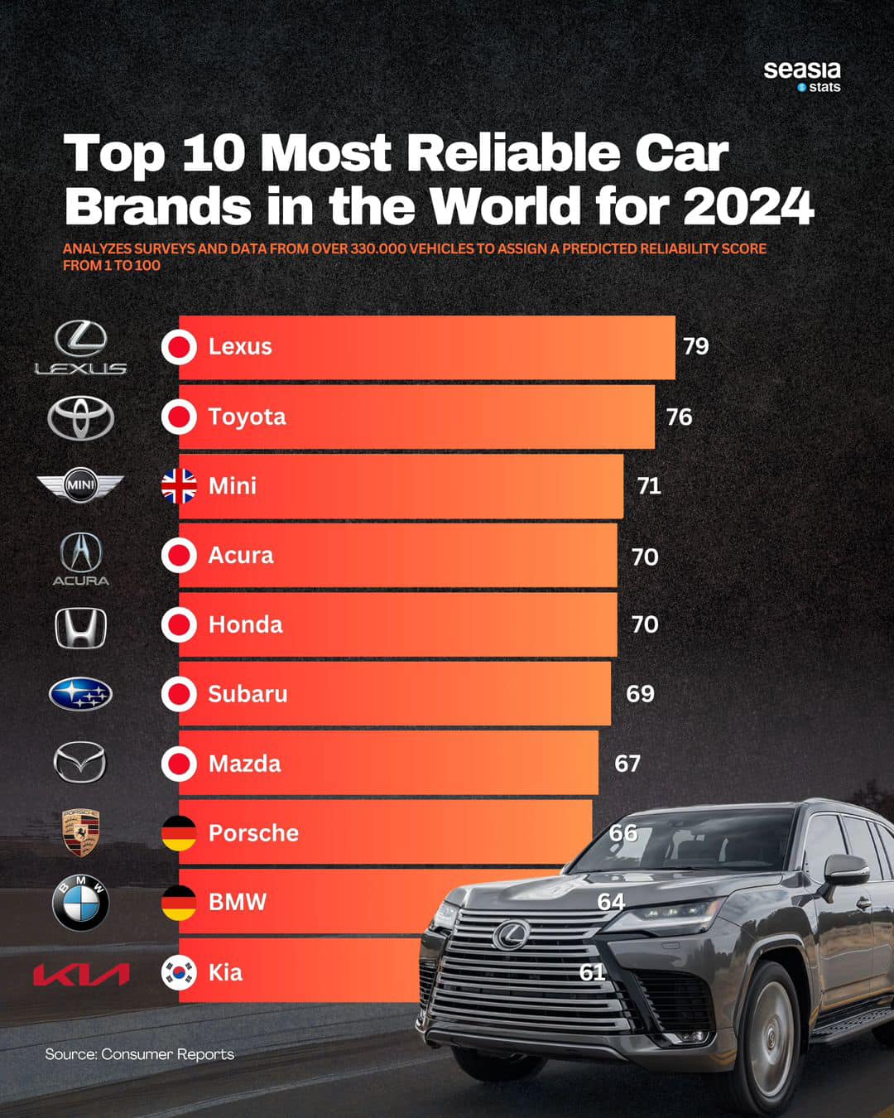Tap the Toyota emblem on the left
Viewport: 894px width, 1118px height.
[x=80, y=417]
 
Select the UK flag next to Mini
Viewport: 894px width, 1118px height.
[x=179, y=486]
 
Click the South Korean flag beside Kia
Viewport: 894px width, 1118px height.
[x=179, y=972]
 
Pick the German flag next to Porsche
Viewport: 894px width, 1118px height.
[x=179, y=833]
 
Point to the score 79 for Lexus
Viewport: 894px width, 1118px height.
[x=695, y=346]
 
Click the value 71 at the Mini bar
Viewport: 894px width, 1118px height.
[x=649, y=486]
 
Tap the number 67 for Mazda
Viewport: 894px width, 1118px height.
[x=627, y=764]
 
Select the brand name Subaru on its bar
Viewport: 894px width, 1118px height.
[x=248, y=694]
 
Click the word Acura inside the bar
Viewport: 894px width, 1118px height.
[x=240, y=555]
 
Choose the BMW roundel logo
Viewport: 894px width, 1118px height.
[x=80, y=903]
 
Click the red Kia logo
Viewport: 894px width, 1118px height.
[x=80, y=974]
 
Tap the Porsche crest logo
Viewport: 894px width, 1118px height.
[x=80, y=833]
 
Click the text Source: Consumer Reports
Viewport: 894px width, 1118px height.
[x=139, y=1054]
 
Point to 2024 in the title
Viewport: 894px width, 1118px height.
[x=748, y=206]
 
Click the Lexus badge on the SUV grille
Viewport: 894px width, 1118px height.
[x=510, y=935]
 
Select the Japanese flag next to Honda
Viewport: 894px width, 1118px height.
[x=179, y=625]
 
